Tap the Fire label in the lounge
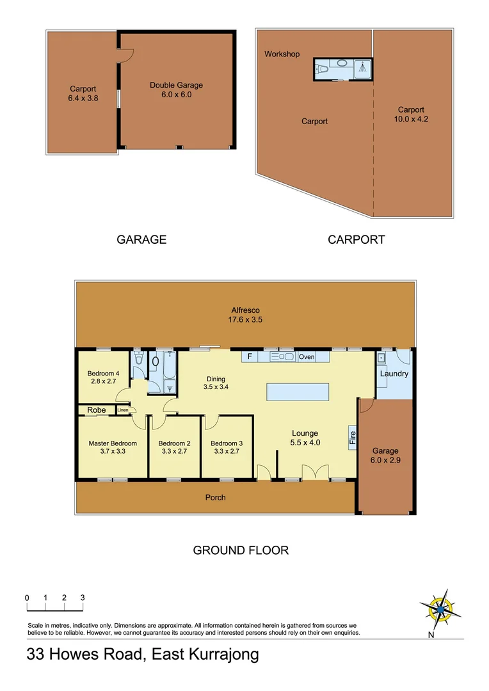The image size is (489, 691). tap(352, 438)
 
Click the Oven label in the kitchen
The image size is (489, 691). tap(307, 356)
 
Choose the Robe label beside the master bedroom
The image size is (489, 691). tap(97, 409)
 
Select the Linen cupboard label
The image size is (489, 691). tap(123, 410)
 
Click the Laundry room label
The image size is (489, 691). tap(394, 374)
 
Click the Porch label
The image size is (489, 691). tap(215, 497)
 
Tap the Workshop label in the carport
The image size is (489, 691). tap(282, 54)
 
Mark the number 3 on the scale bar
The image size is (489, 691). tap(83, 598)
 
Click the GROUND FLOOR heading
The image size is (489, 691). tap(241, 550)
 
